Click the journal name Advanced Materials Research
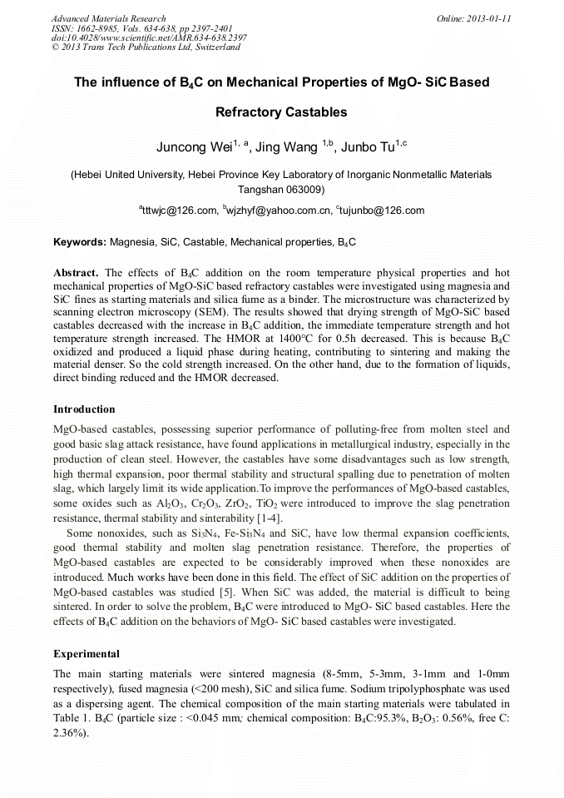point(108,18)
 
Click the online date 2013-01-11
point(486,18)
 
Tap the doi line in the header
point(149,38)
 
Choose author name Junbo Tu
point(369,148)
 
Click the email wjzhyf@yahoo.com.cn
point(279,211)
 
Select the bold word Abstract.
point(76,273)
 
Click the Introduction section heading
point(84,409)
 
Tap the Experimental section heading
point(87,653)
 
